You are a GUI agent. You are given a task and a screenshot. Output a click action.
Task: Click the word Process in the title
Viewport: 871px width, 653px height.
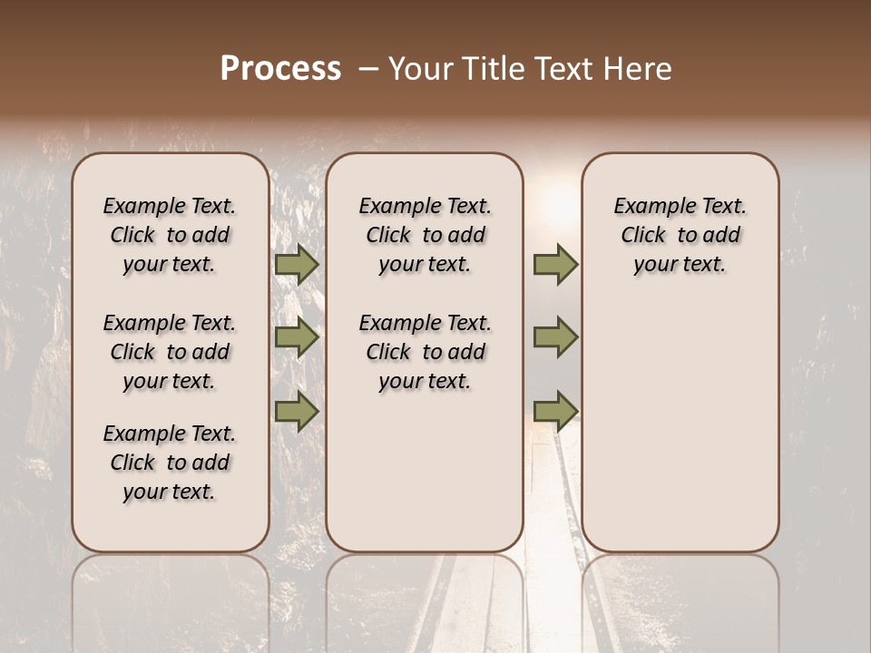pos(280,69)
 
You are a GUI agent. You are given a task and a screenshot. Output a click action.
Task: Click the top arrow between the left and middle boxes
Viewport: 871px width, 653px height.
pos(297,265)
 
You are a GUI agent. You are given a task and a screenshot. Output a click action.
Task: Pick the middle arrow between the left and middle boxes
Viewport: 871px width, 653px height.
pos(297,337)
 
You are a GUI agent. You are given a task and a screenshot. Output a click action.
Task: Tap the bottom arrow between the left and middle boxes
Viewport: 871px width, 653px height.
pos(297,411)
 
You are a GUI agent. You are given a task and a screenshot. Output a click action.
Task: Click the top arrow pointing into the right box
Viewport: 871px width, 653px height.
pos(555,265)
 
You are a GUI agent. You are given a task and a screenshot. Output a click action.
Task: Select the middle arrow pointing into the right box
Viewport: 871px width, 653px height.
pos(555,337)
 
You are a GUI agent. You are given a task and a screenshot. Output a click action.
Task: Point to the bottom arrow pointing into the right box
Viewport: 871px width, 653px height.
pos(555,411)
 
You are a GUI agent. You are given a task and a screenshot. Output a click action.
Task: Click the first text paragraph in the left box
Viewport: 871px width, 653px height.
pos(170,235)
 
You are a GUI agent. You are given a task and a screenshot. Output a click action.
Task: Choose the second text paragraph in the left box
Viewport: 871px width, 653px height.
pos(170,352)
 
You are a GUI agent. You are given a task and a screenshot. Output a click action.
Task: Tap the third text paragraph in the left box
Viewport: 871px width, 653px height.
pos(170,463)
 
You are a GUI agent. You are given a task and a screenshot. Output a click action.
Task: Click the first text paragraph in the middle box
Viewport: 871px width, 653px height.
pos(425,235)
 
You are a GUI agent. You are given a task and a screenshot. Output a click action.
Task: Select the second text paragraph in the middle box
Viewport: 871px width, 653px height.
pos(425,352)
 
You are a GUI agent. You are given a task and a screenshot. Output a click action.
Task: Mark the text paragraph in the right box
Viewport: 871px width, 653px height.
pos(680,235)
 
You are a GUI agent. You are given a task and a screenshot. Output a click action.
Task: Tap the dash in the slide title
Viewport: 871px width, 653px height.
pos(367,69)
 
